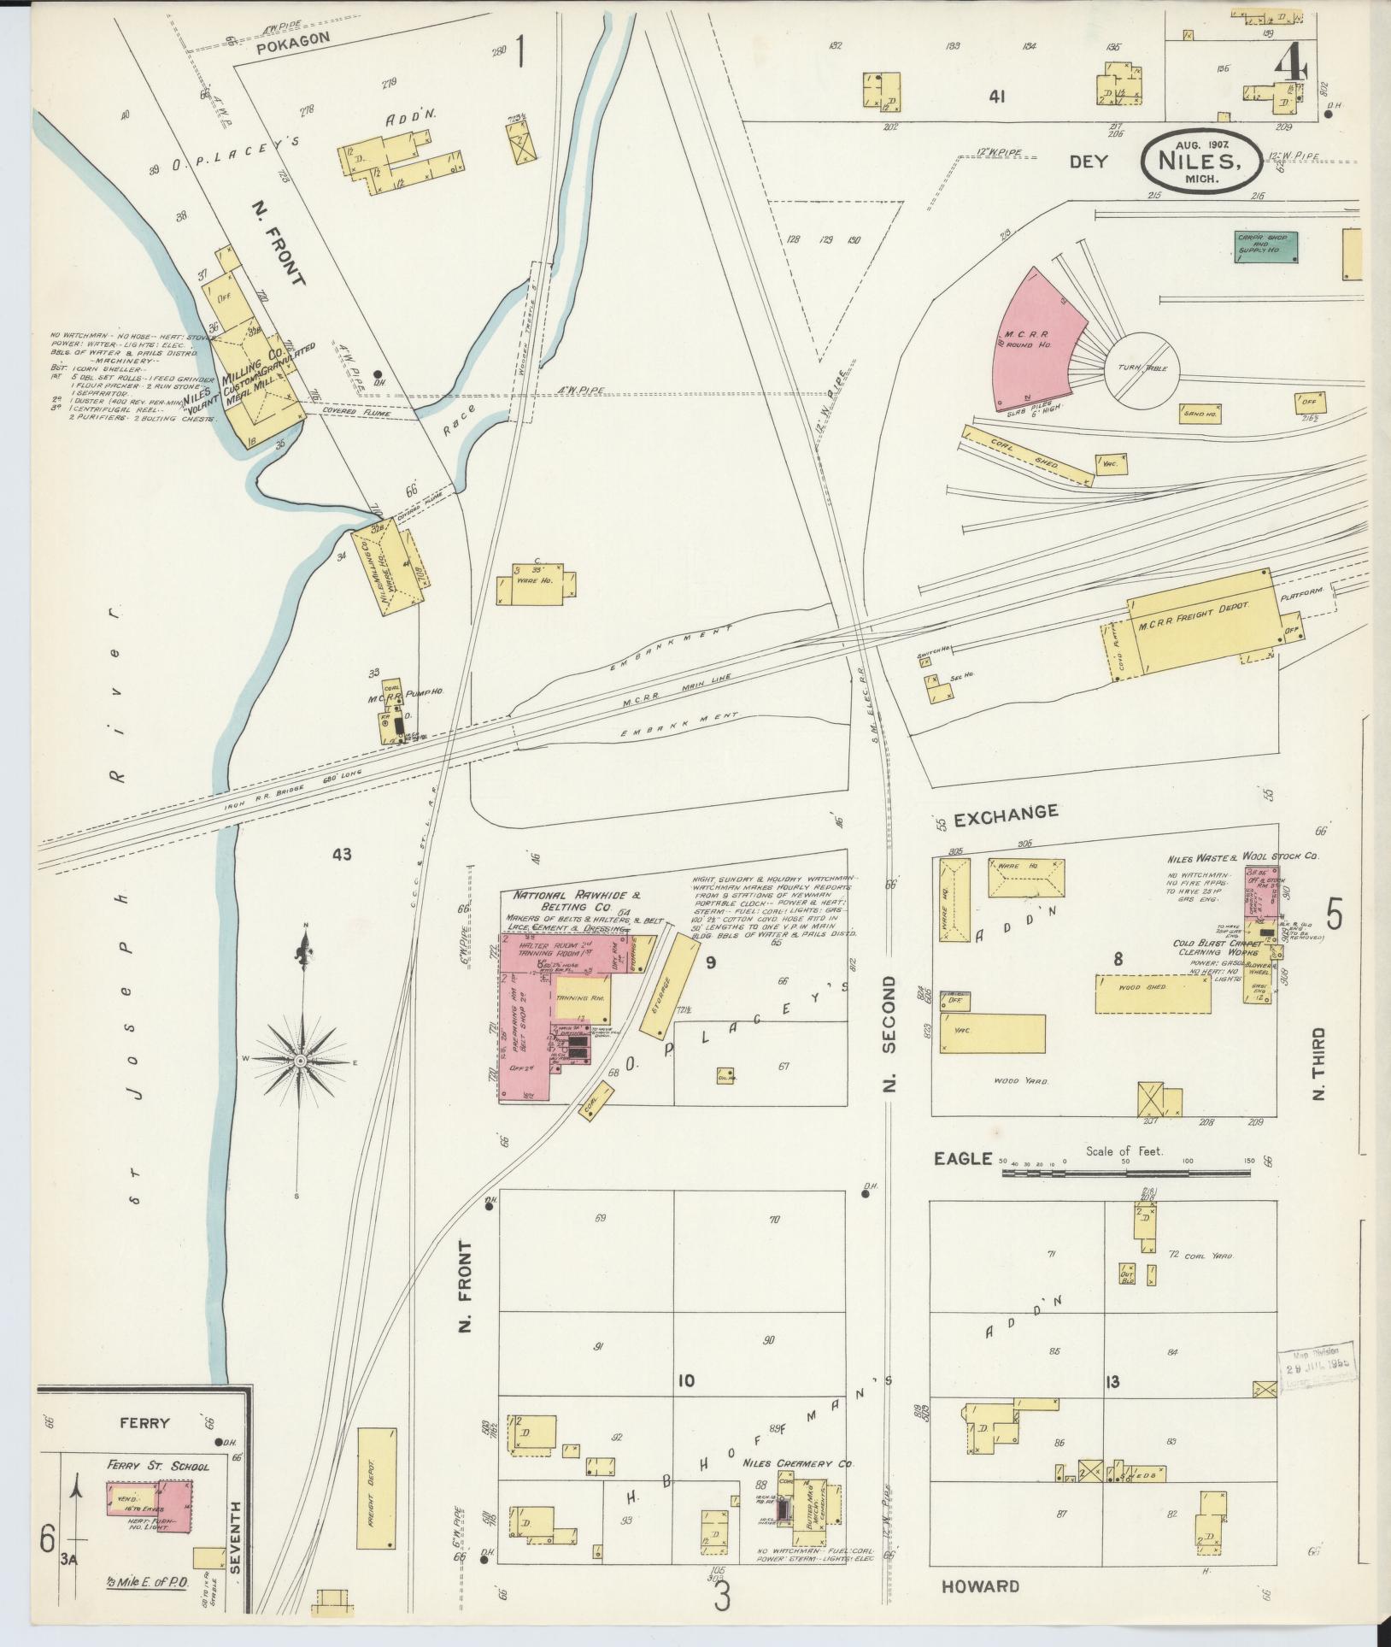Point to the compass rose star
click(301, 1061)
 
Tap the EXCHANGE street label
click(1006, 813)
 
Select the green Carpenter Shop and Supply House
click(1266, 246)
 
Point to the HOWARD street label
click(980, 1586)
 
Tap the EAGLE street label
click(961, 1158)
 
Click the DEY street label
click(1088, 162)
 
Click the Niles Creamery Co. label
click(797, 1463)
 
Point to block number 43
click(343, 853)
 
